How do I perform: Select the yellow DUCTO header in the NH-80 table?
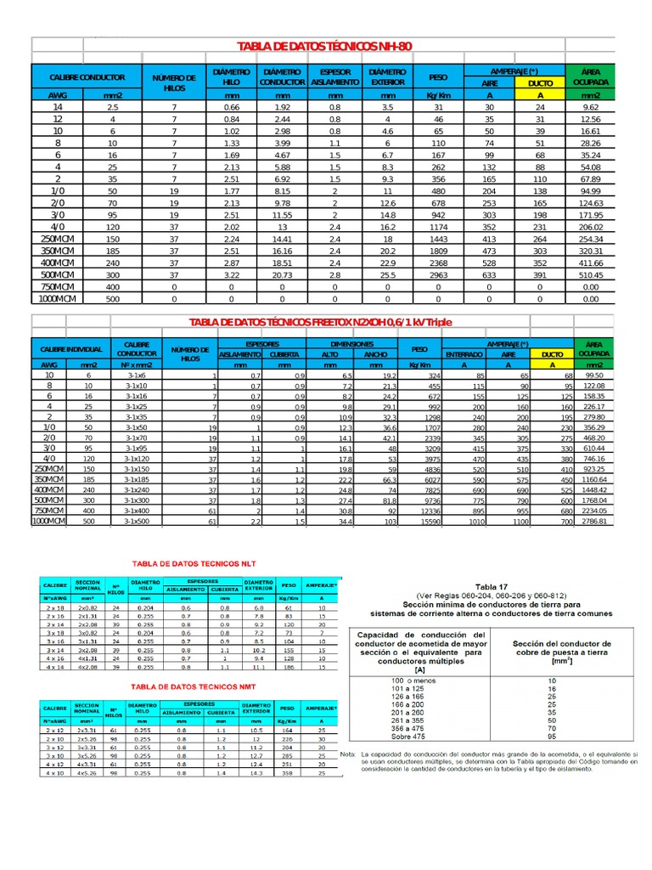point(540,84)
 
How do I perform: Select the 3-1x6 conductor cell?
point(137,375)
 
